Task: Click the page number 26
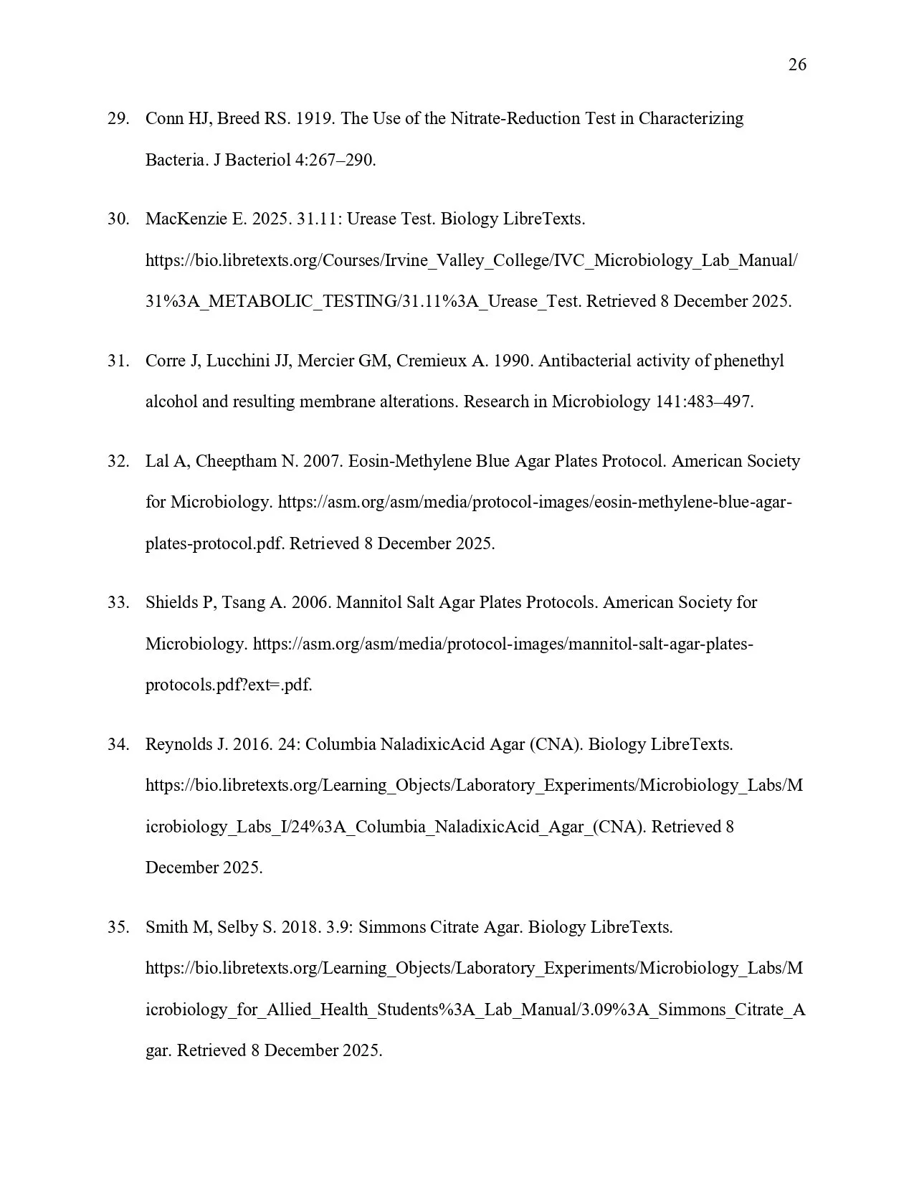tap(796, 65)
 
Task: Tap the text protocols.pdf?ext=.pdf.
tap(228, 685)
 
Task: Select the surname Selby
tap(237, 928)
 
